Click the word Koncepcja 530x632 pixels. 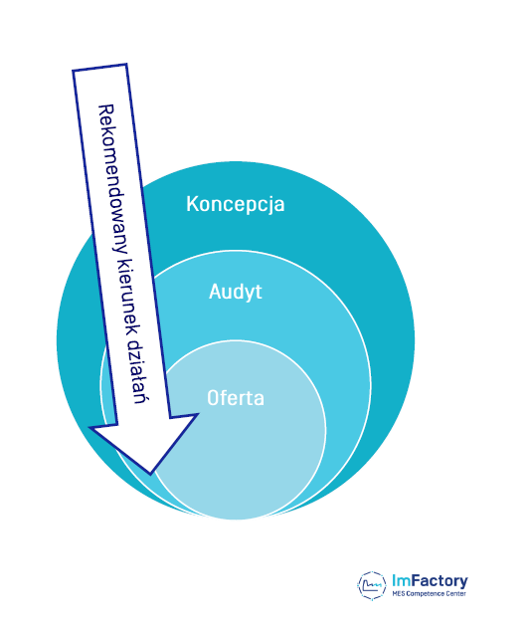click(236, 204)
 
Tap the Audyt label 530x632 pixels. click(236, 292)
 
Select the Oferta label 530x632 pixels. click(236, 398)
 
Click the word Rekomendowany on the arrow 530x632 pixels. click(112, 178)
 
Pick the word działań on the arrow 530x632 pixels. click(138, 368)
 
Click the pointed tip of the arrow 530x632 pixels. click(150, 473)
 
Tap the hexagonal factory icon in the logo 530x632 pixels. click(372, 585)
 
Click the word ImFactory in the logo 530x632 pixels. click(430, 581)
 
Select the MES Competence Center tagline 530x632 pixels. click(430, 594)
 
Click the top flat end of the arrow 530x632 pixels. click(99, 68)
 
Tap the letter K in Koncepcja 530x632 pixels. click(192, 204)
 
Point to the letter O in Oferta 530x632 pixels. click(213, 398)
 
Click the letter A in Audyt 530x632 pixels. click(215, 291)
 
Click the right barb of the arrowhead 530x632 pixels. click(198, 414)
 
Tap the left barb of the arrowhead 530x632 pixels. click(91, 429)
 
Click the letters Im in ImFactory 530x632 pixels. click(401, 581)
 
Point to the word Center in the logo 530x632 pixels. click(456, 594)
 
